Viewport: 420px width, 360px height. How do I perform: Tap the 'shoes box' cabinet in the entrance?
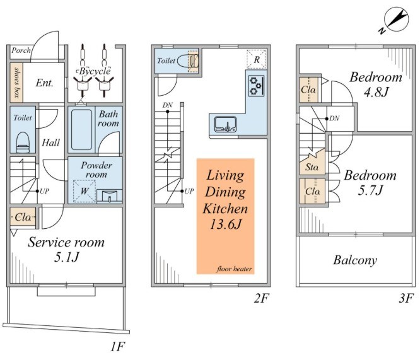pos(16,83)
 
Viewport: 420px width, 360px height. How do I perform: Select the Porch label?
pos(21,50)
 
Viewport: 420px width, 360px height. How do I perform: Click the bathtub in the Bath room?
pos(82,130)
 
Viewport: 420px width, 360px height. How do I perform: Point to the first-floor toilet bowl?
pos(23,142)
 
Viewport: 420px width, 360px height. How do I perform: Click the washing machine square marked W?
pos(85,191)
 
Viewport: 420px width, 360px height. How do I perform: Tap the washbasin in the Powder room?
pos(110,196)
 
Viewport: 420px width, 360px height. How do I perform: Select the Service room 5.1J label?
pos(66,250)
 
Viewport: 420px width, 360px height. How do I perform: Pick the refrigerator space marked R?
pos(256,59)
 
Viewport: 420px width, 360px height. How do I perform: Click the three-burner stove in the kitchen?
pos(256,86)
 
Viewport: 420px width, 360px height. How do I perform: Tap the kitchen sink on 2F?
pos(225,124)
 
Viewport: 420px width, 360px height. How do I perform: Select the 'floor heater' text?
pos(235,269)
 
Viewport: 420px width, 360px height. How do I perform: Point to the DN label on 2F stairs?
pos(167,105)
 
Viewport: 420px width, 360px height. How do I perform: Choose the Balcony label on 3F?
pos(355,260)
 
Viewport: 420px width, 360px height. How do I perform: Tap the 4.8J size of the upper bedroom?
pos(376,92)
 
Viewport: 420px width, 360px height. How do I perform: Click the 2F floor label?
pos(262,298)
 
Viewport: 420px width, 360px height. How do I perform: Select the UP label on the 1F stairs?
pos(44,191)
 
